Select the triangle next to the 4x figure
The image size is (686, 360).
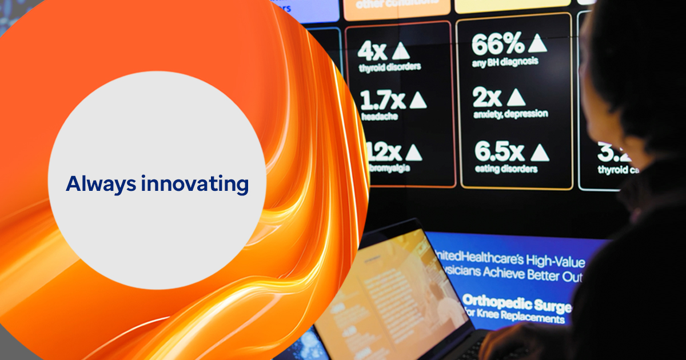[x=401, y=51]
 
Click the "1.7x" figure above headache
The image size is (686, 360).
[x=382, y=101]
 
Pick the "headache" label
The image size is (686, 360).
[x=379, y=117]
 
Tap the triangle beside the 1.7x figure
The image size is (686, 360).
[x=417, y=101]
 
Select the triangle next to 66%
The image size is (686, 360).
[x=537, y=43]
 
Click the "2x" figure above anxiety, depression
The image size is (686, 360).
[x=486, y=98]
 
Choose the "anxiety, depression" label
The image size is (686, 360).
[x=510, y=114]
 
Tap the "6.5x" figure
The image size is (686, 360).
[x=499, y=152]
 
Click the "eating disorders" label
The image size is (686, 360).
[x=506, y=169]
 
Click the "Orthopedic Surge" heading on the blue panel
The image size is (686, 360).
[x=516, y=303]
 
